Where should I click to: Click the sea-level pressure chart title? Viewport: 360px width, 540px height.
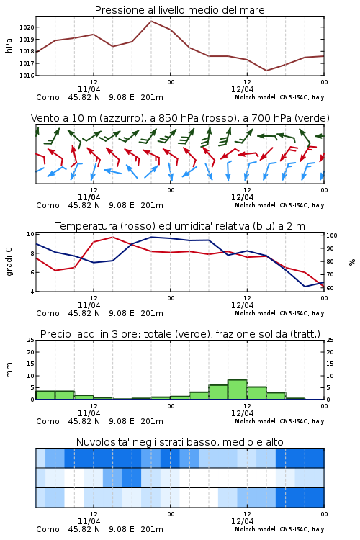(179, 10)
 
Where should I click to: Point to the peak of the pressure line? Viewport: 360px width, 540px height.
(151, 21)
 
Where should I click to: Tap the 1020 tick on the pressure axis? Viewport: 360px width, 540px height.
(27, 27)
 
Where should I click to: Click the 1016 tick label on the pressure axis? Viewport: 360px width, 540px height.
(27, 76)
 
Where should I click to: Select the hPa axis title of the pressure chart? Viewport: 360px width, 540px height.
(9, 45)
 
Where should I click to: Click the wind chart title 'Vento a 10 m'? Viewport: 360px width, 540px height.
(180, 118)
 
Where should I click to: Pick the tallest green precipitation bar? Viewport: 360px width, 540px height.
(238, 390)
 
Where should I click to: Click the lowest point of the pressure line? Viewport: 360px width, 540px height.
(266, 71)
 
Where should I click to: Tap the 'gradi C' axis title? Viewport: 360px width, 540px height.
(9, 262)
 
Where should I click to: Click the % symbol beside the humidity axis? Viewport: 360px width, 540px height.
(352, 262)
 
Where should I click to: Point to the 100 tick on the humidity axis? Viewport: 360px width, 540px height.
(332, 235)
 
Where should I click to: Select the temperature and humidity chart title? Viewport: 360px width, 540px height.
(180, 226)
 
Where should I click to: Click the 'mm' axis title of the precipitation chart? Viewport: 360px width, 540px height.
(9, 370)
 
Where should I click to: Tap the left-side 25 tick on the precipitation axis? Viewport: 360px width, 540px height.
(31, 340)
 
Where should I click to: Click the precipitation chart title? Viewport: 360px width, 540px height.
(180, 334)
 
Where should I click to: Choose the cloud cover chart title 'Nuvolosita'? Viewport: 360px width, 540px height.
(180, 442)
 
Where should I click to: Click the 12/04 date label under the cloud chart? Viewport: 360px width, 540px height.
(242, 521)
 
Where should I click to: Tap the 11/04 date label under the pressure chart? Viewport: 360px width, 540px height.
(89, 89)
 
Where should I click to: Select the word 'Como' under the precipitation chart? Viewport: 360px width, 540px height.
(48, 421)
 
